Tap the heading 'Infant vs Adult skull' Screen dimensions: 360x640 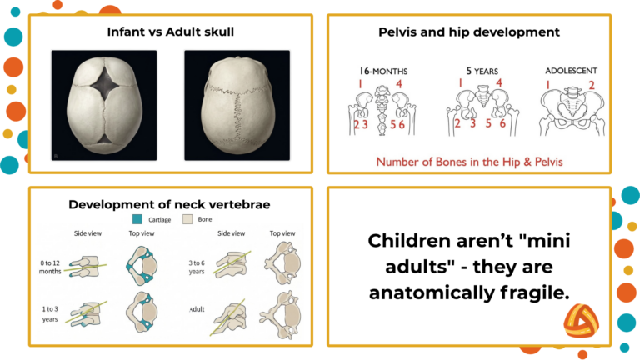[170, 33]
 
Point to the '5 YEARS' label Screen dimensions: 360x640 [482, 71]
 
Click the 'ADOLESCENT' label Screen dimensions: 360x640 [572, 71]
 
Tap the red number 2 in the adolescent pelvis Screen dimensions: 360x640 [592, 84]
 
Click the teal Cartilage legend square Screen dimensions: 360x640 [138, 219]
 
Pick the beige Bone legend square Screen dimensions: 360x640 [187, 219]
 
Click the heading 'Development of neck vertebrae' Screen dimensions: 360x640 [170, 204]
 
